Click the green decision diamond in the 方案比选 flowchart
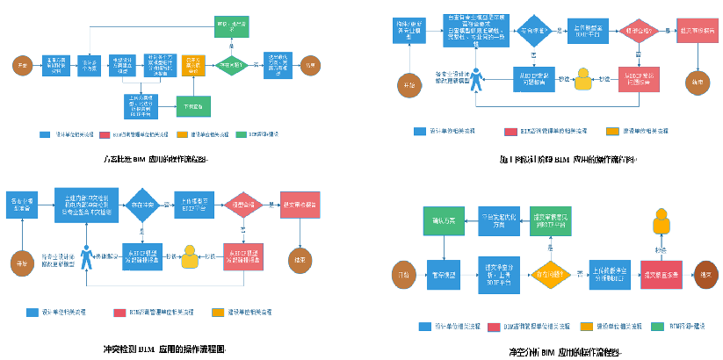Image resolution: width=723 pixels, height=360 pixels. point(230,63)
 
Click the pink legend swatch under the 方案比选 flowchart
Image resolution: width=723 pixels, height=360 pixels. point(104,135)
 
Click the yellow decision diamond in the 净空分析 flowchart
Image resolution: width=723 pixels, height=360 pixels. point(551,275)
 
